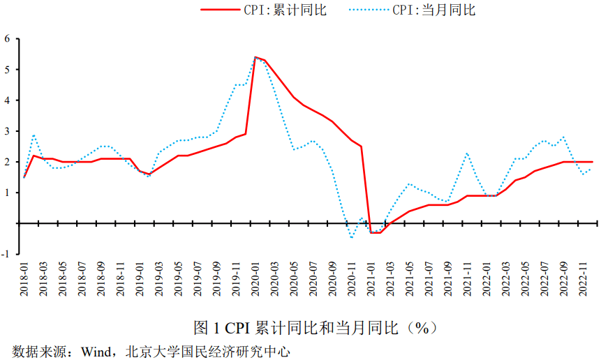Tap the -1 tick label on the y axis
6,254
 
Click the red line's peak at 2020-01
255,57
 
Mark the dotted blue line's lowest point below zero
351,238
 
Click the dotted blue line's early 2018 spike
34,135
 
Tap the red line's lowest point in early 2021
376,232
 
